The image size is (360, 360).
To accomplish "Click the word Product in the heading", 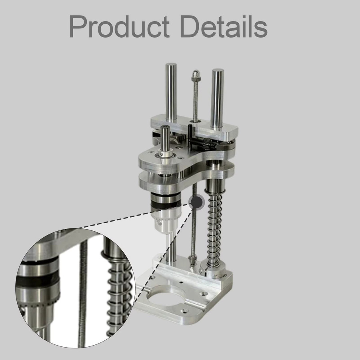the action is coord(119,27).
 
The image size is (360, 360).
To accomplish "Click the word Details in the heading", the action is coord(224,26).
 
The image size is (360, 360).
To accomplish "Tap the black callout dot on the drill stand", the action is coord(197,202).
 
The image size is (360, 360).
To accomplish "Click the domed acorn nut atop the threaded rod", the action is coord(196,75).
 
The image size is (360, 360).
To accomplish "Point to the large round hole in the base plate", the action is coord(167,296).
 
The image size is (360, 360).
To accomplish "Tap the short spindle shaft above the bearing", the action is coord(165,138).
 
